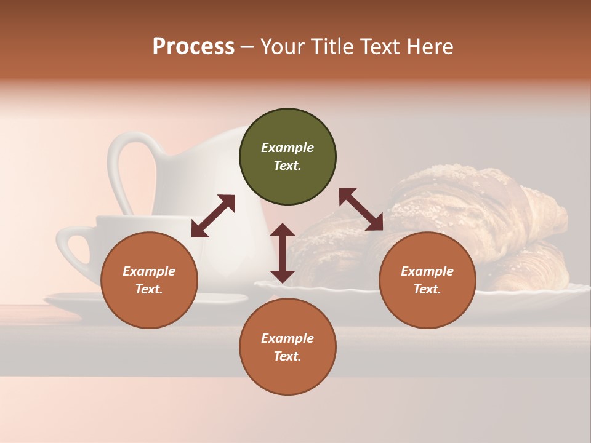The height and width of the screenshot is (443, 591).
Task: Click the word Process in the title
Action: tap(193, 47)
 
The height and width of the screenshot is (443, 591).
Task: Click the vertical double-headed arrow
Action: tap(283, 253)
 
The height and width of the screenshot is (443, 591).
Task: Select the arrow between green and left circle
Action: tap(213, 215)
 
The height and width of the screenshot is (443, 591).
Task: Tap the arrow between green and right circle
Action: tap(361, 209)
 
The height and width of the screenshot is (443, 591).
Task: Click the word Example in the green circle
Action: tap(287, 148)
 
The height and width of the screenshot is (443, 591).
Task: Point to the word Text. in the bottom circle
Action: tap(287, 356)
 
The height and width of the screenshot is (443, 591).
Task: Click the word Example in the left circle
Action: tap(149, 271)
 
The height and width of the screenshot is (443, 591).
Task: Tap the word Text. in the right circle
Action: tap(427, 289)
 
